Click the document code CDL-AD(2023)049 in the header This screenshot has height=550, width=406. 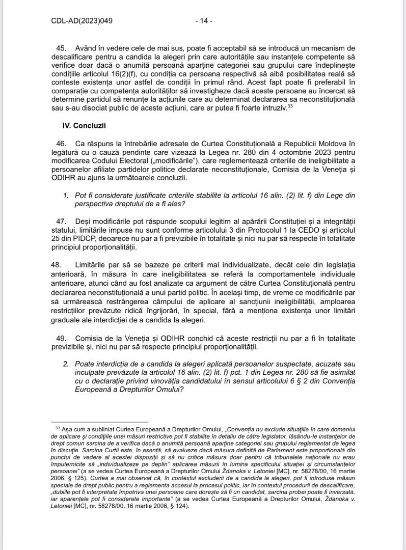82,21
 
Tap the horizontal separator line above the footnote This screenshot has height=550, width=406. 99,422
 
